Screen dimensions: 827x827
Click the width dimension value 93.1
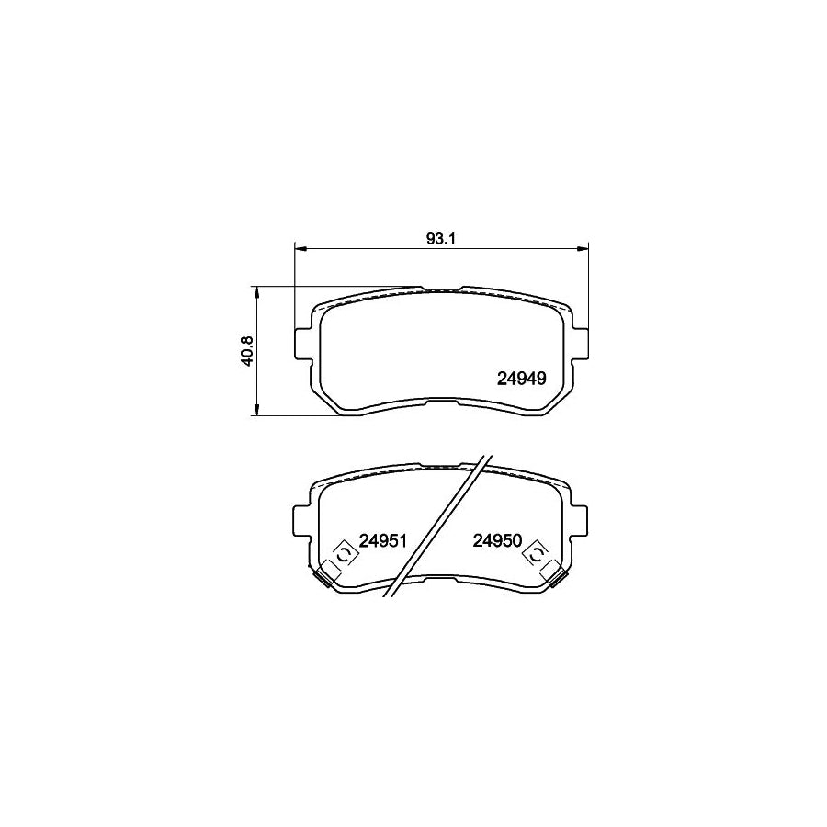click(441, 238)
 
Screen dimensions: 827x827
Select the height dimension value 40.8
click(246, 350)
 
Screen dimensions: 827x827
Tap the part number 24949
click(522, 377)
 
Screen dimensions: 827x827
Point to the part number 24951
click(382, 541)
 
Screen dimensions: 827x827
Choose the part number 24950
click(496, 541)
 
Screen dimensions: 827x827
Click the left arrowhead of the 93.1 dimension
click(299, 247)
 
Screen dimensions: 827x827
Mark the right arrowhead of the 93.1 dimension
click(582, 247)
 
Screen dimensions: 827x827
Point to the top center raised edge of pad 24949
click(441, 288)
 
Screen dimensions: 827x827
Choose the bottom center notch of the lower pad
click(441, 577)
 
